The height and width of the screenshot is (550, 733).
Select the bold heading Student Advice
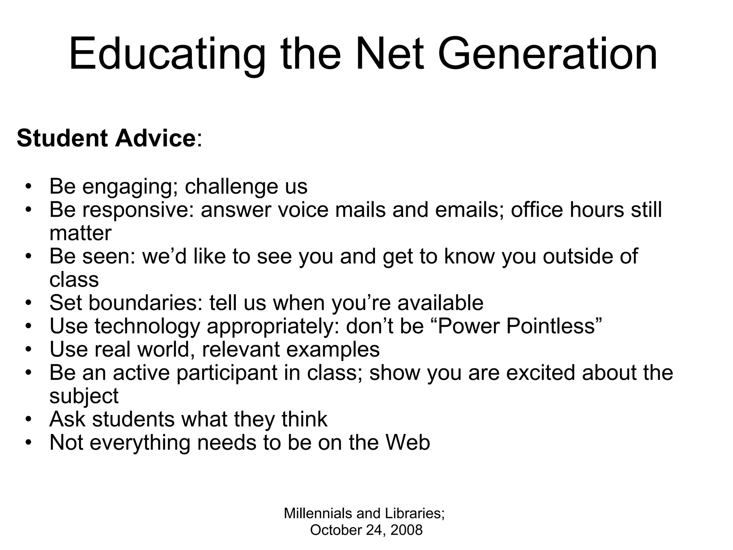click(106, 138)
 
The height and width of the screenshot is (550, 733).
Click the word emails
click(469, 210)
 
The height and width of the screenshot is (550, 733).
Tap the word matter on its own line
click(81, 233)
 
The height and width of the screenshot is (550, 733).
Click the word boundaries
click(145, 303)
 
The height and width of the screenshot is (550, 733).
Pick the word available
click(440, 303)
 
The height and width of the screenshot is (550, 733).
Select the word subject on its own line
click(84, 396)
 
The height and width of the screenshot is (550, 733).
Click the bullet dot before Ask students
click(29, 419)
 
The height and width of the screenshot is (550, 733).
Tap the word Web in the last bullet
click(408, 443)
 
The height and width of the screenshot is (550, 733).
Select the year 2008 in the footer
click(406, 530)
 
